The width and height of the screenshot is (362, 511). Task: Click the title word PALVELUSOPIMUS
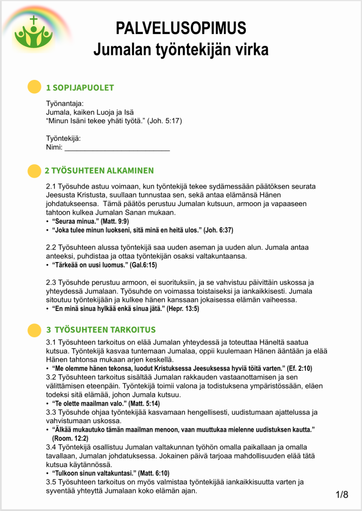pos(181,27)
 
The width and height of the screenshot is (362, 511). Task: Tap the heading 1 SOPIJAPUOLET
pos(80,88)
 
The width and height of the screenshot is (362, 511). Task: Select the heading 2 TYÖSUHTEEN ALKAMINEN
pos(99,171)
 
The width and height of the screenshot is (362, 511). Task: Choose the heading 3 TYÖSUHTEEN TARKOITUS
pos(101,330)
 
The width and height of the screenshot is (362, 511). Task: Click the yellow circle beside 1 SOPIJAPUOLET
pos(33,87)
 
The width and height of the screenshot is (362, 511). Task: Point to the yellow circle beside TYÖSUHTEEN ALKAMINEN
pos(33,171)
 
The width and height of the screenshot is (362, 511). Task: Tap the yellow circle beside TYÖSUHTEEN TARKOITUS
pos(33,330)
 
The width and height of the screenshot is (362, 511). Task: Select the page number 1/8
pos(342,495)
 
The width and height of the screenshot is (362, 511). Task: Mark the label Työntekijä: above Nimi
pos(63,138)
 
